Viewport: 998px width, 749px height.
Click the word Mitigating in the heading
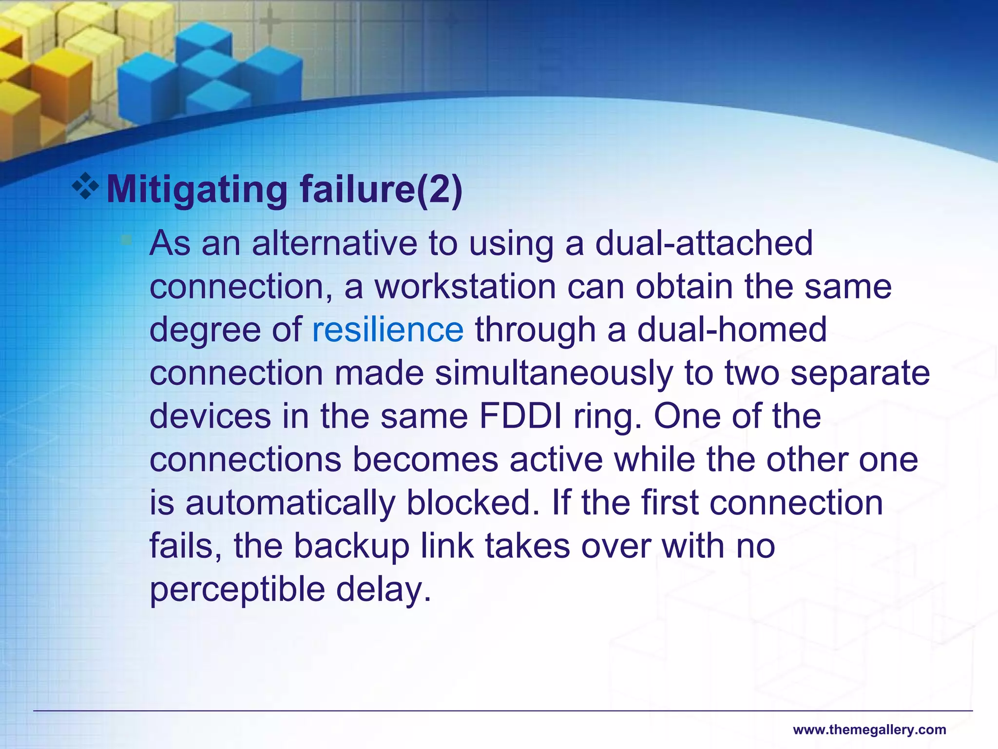[x=197, y=190]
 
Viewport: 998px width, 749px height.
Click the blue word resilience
[x=387, y=330]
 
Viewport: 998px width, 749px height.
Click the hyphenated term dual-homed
[x=732, y=330]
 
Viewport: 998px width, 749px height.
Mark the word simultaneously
[x=554, y=373]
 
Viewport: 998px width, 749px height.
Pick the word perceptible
[x=237, y=590]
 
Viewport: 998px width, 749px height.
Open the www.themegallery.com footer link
[x=869, y=730]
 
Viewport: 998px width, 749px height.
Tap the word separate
[x=860, y=373]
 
